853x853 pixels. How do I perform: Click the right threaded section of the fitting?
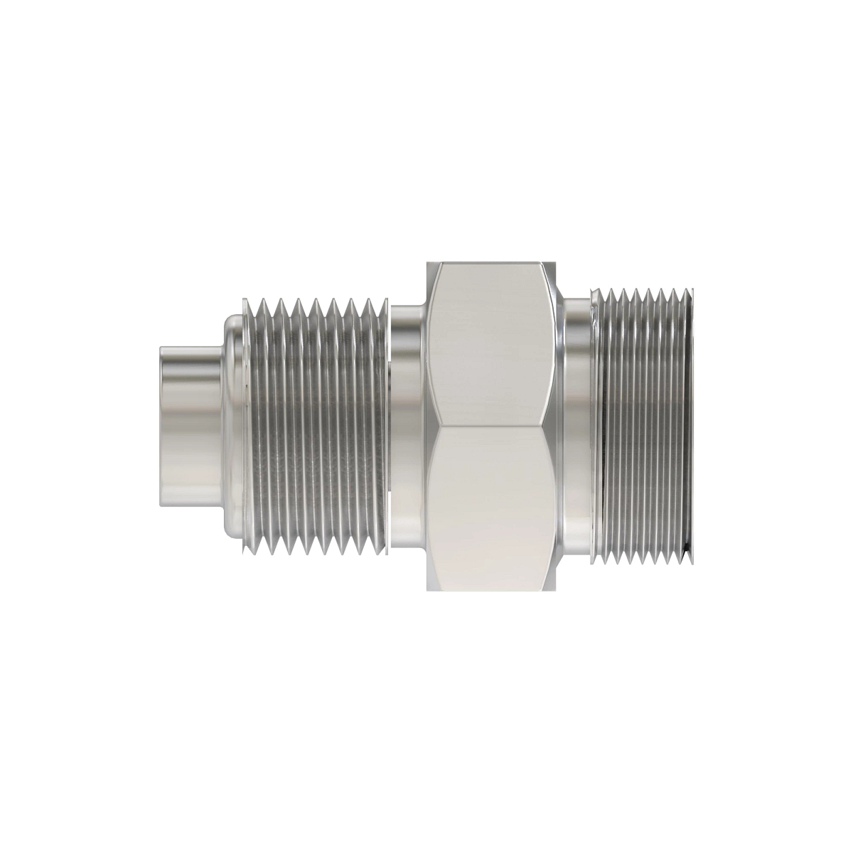pyautogui.click(x=643, y=426)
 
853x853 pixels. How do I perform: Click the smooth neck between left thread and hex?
pyautogui.click(x=408, y=426)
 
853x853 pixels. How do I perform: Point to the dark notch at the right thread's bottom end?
pyautogui.click(x=686, y=551)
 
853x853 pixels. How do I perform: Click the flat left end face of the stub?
pyautogui.click(x=161, y=426)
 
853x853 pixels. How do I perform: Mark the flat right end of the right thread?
pyautogui.click(x=691, y=426)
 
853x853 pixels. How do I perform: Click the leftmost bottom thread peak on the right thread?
pyautogui.click(x=601, y=562)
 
